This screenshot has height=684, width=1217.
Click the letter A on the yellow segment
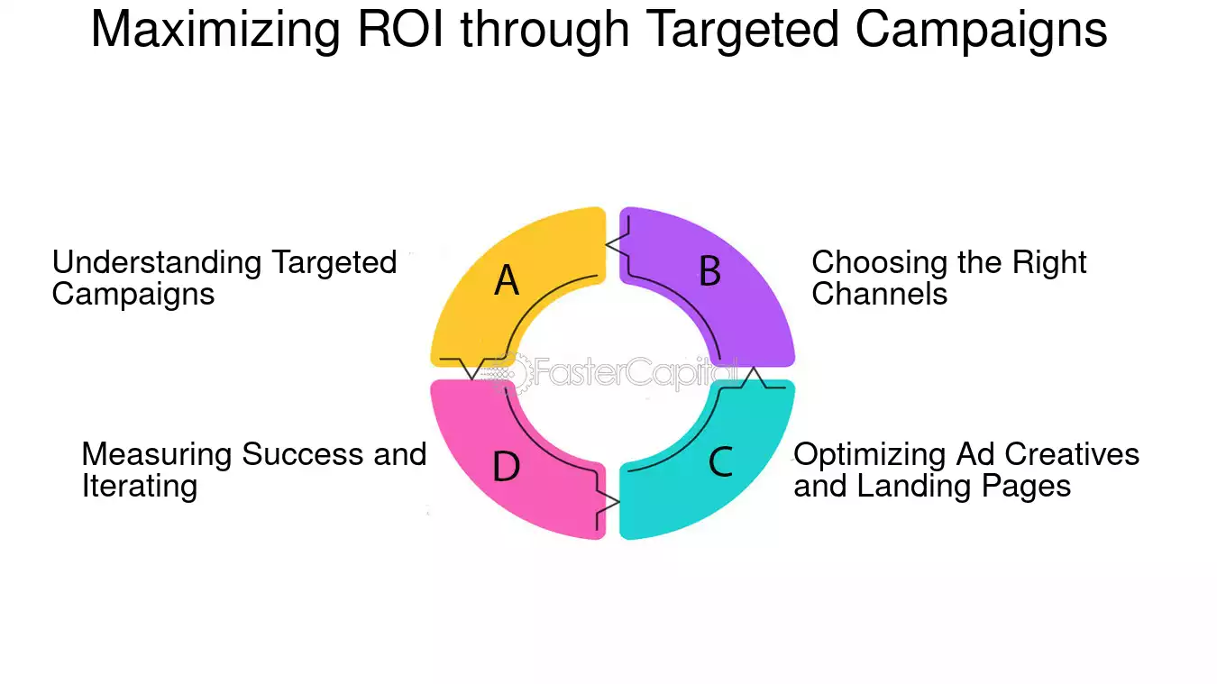tap(507, 280)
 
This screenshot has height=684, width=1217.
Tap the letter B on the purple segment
tap(709, 270)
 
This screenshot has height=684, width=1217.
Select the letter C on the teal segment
tap(721, 461)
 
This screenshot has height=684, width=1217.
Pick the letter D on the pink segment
tap(506, 467)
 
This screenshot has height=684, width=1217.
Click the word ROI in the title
tap(400, 29)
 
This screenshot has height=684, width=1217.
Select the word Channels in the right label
tap(880, 294)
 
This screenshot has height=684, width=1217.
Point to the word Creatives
tap(1072, 454)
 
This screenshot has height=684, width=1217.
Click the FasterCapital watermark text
tap(635, 373)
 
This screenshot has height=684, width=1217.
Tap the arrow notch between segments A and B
tap(618, 244)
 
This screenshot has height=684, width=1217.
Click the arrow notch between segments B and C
tap(754, 378)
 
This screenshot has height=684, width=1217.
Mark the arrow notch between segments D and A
tap(472, 369)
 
